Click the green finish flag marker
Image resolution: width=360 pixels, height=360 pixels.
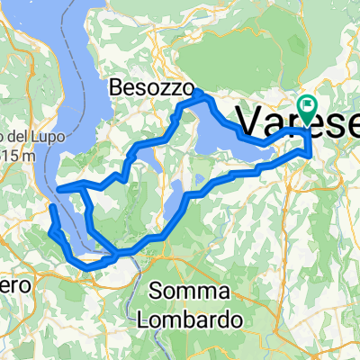(x=308, y=110)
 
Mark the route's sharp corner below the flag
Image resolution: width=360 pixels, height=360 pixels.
(x=310, y=154)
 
